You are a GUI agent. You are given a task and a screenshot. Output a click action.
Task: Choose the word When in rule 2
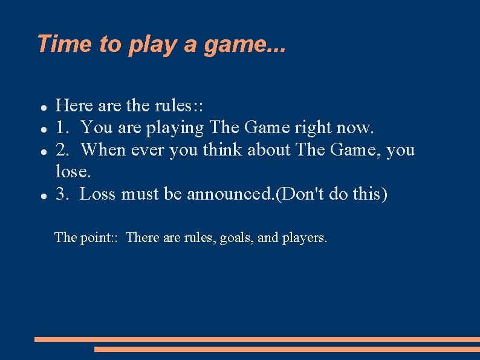[x=103, y=149]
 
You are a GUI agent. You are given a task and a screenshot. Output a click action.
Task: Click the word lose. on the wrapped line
[x=73, y=172]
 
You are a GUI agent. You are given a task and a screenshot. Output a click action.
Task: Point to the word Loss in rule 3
[x=98, y=194]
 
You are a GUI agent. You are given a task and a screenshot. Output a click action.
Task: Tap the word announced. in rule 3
[x=230, y=194]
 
